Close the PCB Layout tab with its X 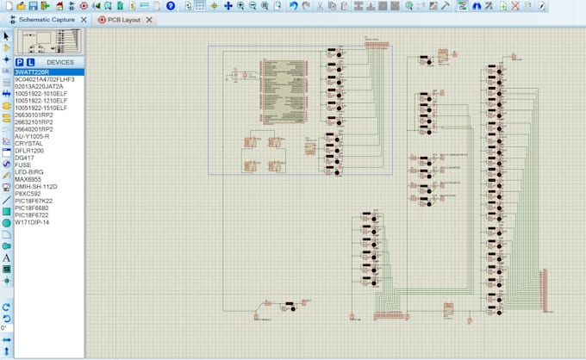click(151, 19)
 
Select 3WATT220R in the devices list click(33, 72)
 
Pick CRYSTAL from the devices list click(28, 143)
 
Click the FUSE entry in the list click(23, 164)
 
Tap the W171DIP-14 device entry click(34, 222)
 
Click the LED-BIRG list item click(30, 171)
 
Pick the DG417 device click(25, 158)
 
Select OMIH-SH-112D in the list click(36, 186)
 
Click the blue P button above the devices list click(20, 63)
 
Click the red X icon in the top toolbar click(515, 5)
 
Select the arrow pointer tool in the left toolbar click(6, 36)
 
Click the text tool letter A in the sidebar click(6, 258)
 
